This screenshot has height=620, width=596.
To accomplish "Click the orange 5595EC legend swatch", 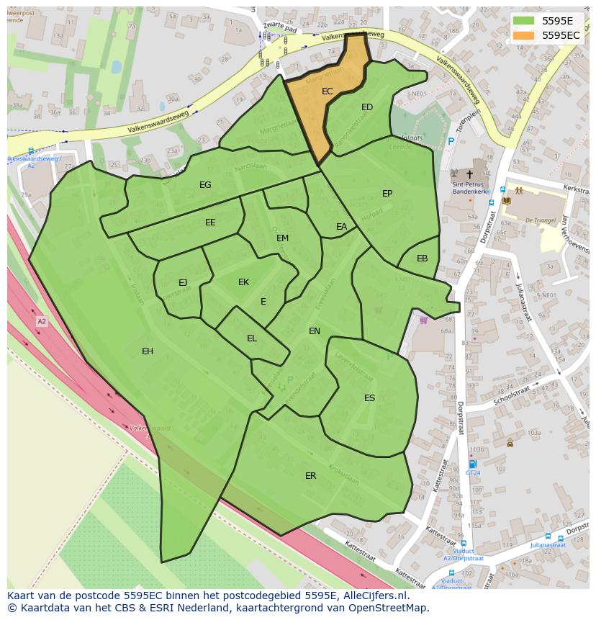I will coord(524,35).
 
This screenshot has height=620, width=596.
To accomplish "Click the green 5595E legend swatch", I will coord(524,20).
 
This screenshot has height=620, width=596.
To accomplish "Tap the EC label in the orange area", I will coord(328,91).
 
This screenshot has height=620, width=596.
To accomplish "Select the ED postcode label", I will coord(367,107).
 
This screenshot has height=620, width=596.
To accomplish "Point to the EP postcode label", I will coord(387,194).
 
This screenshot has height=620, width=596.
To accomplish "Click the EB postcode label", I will coord(422,259).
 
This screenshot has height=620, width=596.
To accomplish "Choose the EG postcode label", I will coord(205,185).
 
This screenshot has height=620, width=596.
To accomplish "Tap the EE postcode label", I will coord(210,223).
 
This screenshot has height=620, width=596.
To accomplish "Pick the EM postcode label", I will coord(282,238).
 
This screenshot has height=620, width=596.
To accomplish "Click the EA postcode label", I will coord(341,227).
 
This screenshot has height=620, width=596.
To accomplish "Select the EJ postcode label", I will coord(183,283).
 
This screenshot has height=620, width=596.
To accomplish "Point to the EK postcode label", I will coord(243,282).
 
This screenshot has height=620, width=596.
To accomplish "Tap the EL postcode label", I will coord(251,338).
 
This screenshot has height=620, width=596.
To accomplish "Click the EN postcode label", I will coord(314,331).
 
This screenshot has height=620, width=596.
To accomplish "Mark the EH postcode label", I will coord(148,351).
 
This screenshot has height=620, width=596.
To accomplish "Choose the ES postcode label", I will coord(369,398).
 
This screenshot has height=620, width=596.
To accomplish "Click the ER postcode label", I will coord(310,476).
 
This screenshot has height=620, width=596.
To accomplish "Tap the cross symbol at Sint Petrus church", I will coord(469,174).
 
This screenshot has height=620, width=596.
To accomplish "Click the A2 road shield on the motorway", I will coord(41,321).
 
